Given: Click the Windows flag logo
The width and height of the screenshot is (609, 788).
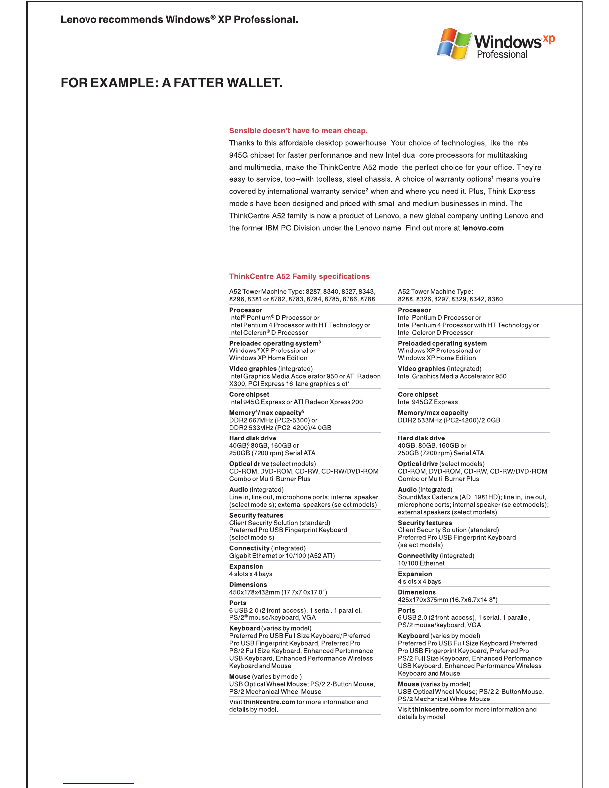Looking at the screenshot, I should pos(453,44).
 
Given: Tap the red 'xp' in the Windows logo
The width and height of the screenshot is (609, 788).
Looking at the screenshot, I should pos(548,39).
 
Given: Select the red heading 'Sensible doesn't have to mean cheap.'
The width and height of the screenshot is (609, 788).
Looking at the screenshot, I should pos(298,131).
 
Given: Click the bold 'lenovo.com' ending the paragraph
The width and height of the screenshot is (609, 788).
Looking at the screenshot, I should pos(483,228).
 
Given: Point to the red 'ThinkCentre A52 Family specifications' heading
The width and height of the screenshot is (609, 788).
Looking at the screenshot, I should pos(299,276).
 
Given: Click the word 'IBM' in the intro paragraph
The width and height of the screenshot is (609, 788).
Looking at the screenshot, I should pos(272,228).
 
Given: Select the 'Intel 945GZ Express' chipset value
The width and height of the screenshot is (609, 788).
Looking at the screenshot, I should pos(428,402).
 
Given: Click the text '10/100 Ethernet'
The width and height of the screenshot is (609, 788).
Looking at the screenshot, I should pos(421,563).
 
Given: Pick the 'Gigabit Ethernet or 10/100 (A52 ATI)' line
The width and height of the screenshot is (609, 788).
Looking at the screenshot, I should pos(281,556).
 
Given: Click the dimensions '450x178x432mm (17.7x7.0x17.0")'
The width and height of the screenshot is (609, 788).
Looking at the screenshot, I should pos(278,592).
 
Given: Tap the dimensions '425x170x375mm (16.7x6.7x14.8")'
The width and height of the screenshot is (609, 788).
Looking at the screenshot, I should pos(447,600).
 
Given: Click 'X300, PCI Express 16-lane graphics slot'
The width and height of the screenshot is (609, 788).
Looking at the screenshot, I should pos(289,384).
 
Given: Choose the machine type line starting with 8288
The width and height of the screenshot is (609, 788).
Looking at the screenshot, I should pos(450,299).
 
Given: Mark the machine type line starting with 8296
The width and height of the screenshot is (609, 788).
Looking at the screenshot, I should pos(302,299).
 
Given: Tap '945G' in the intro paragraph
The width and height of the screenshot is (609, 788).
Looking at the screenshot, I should pos(238,155).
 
